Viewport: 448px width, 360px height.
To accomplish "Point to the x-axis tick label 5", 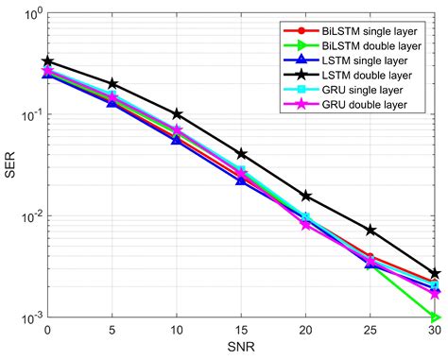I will pos(112,331).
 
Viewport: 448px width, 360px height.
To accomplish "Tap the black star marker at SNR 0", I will pos(47,61).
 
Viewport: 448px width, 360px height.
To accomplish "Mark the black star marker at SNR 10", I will pos(177,114).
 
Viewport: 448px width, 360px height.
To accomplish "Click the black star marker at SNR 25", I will pos(371,231).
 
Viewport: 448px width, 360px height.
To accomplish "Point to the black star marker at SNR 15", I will pos(242,153).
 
